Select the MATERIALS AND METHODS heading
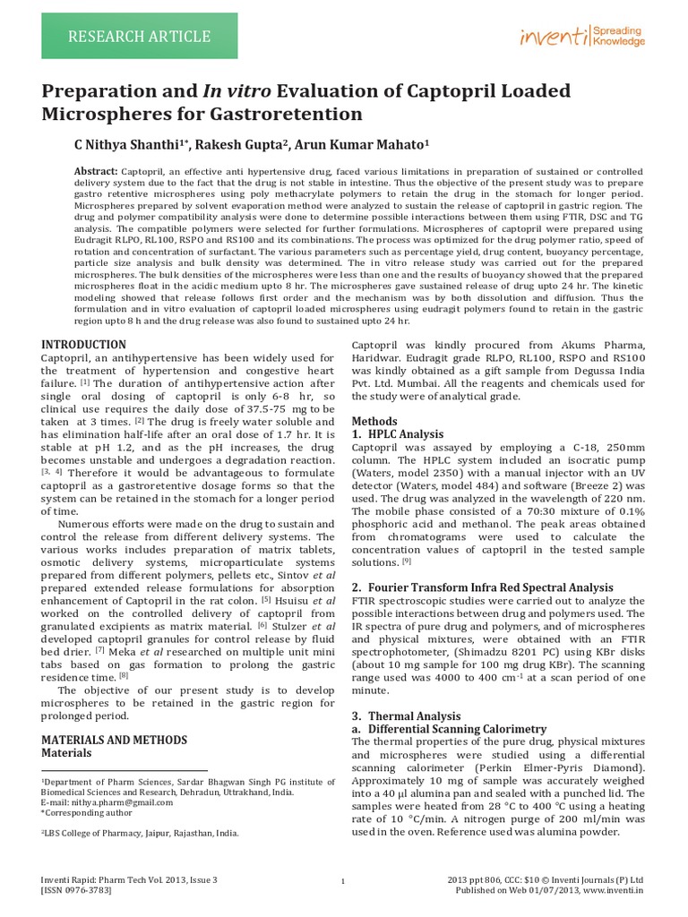tap(115, 740)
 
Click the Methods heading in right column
tap(374, 421)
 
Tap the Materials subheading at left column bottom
tap(67, 753)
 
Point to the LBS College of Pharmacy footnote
tap(140, 832)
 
